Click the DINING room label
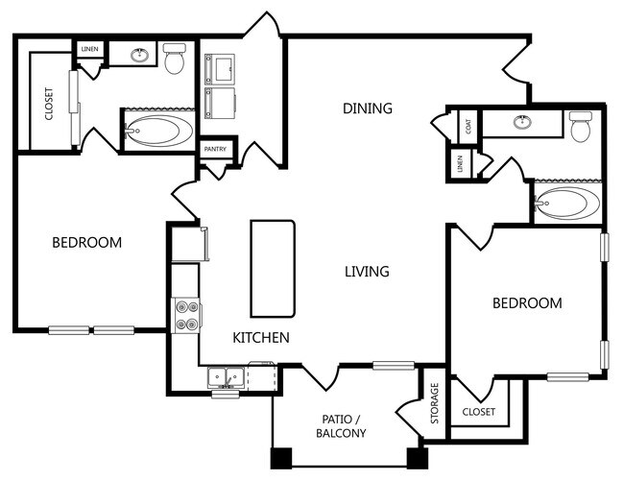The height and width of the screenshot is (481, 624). point(368,108)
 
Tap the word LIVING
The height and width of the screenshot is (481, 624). point(367,272)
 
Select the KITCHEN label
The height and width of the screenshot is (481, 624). point(261,337)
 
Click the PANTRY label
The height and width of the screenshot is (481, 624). point(215,149)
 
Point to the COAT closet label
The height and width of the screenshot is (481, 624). point(468,127)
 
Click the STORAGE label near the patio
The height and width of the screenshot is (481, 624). point(435,403)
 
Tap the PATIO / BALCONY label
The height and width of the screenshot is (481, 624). point(341,426)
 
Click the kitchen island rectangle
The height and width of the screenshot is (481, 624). point(273,269)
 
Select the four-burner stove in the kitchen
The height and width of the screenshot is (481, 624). point(186,315)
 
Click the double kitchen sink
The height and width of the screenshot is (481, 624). point(226,377)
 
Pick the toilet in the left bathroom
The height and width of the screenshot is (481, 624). point(175,59)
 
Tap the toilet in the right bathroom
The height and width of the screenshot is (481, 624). point(581,126)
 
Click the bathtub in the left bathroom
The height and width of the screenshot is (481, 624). point(158,131)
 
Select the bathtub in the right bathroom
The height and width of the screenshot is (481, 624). point(566,203)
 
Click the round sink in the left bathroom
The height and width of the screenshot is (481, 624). point(139,55)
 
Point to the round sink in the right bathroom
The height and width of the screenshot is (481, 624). point(521,122)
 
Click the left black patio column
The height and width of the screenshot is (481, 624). point(281,458)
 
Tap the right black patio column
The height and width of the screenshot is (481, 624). point(418,458)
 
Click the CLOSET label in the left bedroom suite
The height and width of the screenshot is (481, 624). point(49,104)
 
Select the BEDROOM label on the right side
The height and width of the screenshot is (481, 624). point(527,303)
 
